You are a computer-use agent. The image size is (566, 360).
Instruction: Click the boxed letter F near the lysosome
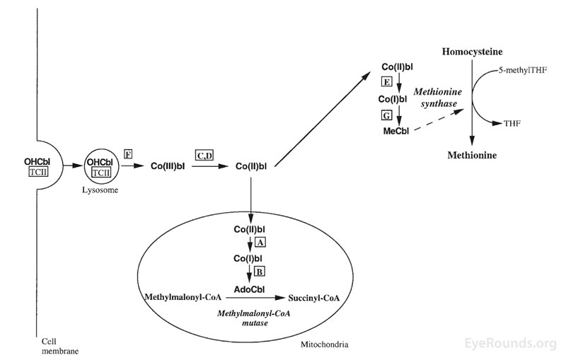[x=128, y=153]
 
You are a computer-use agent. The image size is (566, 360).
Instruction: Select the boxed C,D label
[x=204, y=154]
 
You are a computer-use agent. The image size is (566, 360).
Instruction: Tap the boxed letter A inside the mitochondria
[x=260, y=242]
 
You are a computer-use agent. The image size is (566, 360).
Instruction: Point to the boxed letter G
[x=386, y=114]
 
